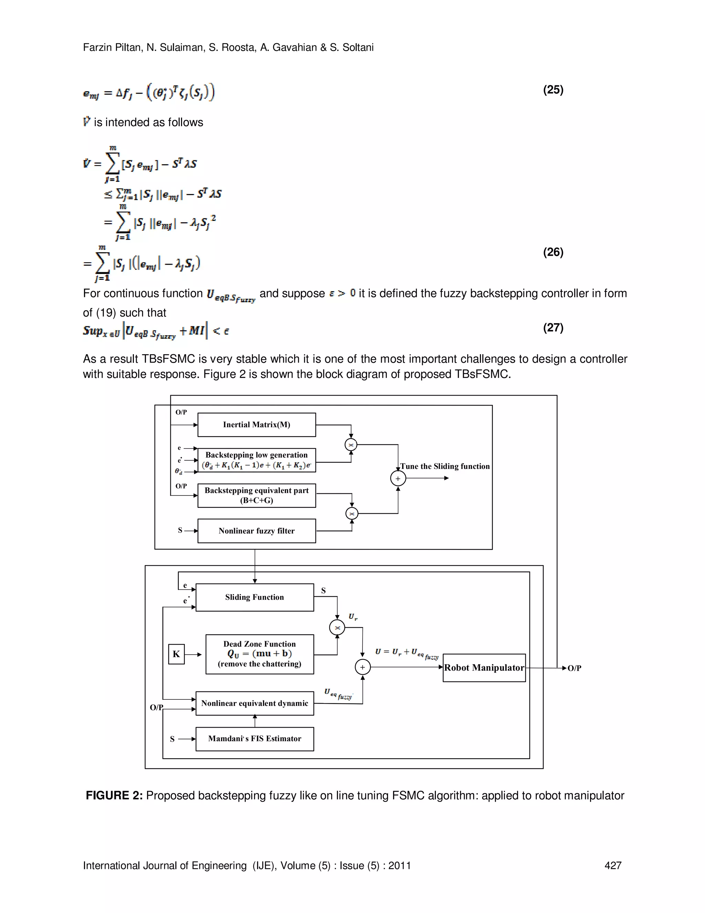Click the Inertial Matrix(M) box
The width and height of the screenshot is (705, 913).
[256, 425]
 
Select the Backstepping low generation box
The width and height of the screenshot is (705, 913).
[256, 460]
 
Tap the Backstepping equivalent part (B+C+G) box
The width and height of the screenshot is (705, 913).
[256, 495]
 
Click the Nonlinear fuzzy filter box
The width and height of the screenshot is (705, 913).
[256, 531]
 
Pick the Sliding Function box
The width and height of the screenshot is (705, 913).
[254, 597]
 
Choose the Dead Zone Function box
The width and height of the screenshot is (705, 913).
[259, 654]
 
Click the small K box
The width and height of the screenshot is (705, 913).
[176, 654]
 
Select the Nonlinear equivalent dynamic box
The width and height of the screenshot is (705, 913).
[254, 703]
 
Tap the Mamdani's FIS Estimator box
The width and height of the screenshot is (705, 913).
[254, 739]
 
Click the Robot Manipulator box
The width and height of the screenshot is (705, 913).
[484, 668]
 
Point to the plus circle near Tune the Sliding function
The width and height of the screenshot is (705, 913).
[398, 478]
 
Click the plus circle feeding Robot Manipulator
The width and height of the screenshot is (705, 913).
[362, 667]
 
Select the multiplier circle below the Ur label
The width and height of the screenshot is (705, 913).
[337, 627]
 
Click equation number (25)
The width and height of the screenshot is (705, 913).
[553, 90]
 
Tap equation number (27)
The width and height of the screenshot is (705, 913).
[553, 327]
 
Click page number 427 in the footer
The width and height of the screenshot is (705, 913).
[613, 865]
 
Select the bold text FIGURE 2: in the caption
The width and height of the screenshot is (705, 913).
[114, 796]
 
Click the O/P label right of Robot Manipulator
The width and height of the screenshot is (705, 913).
[574, 668]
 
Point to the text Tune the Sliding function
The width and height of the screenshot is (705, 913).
[445, 466]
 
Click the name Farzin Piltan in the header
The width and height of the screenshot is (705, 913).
[112, 47]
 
